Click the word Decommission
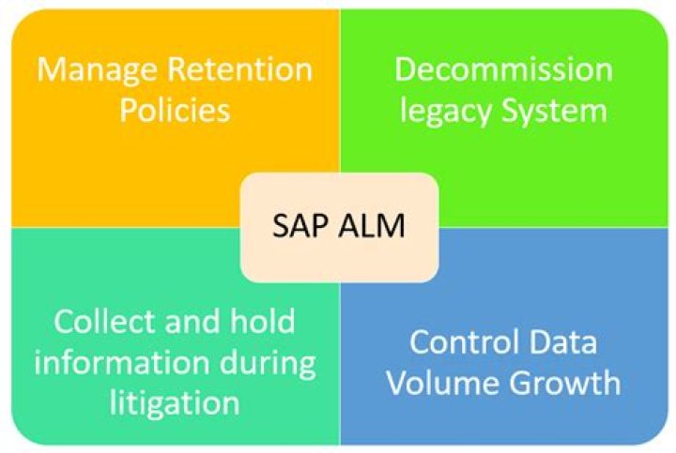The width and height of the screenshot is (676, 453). point(502,69)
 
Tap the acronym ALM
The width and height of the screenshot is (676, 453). point(373,226)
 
